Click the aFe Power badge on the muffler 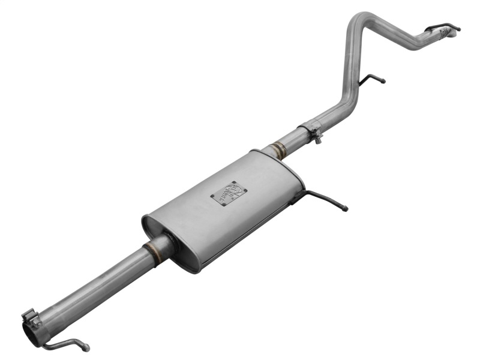click(x=228, y=193)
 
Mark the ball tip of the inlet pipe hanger click(x=86, y=347)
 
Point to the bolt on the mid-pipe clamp click(x=317, y=139)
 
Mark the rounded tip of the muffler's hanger click(x=345, y=209)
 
